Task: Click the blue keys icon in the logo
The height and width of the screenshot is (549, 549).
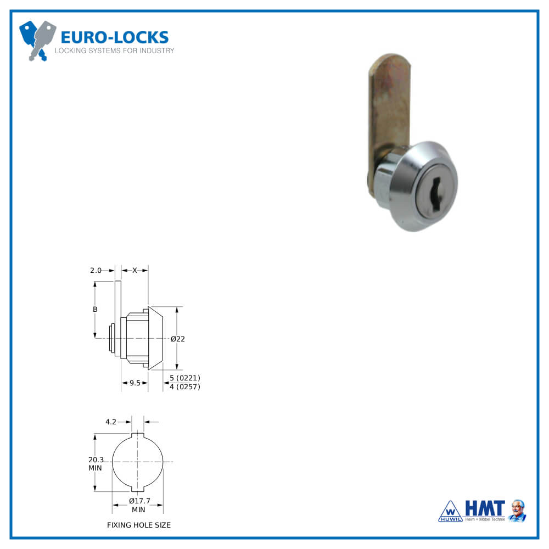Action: [37, 40]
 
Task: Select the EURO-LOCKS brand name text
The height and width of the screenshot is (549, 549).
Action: [114, 37]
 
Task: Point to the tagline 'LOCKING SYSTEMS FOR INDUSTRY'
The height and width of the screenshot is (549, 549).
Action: [114, 51]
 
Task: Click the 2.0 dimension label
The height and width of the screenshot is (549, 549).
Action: [96, 270]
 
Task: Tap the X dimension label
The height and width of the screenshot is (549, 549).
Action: [135, 270]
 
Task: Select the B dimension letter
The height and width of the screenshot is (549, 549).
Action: [95, 310]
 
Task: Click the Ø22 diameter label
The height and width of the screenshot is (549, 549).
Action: [178, 339]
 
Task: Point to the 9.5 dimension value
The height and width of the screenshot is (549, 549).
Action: [135, 383]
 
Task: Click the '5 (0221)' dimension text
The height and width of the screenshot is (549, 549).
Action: [184, 378]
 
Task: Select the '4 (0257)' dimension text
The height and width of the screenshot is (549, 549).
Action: [184, 387]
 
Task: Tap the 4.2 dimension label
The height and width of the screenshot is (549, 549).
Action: [110, 422]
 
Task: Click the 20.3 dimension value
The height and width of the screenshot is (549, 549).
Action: [96, 460]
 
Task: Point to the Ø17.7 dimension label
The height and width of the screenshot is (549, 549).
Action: [139, 501]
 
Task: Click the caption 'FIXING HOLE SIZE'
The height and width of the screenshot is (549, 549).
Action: [139, 525]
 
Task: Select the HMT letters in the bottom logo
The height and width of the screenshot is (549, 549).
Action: [485, 508]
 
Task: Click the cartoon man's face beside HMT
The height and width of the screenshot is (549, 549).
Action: [517, 508]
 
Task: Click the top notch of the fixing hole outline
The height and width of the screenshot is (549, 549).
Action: [138, 436]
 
